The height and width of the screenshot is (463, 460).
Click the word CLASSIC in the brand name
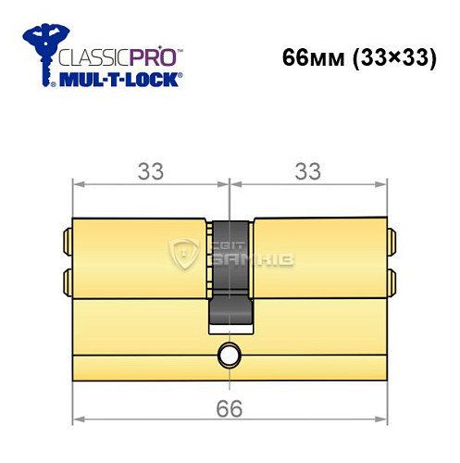click(87, 55)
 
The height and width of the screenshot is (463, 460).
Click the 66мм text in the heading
click(310, 56)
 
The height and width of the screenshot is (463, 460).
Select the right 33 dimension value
click(307, 173)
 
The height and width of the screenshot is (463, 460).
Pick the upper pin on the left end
click(66, 242)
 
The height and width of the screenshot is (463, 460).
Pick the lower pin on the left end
click(66, 279)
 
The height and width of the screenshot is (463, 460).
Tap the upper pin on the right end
click(391, 242)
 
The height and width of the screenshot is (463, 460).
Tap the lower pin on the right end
click(391, 279)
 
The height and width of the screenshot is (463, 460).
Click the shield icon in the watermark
click(184, 253)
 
